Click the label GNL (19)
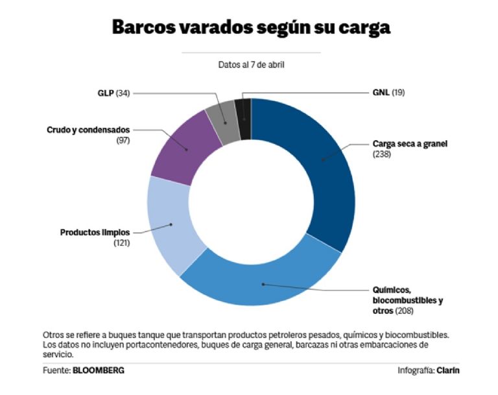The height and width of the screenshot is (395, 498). [389, 93]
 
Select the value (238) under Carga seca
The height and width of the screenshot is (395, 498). [381, 154]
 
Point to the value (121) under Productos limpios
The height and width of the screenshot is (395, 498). [121, 243]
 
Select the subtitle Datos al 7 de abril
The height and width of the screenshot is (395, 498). [251, 64]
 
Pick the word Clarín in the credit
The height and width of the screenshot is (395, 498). [451, 370]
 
